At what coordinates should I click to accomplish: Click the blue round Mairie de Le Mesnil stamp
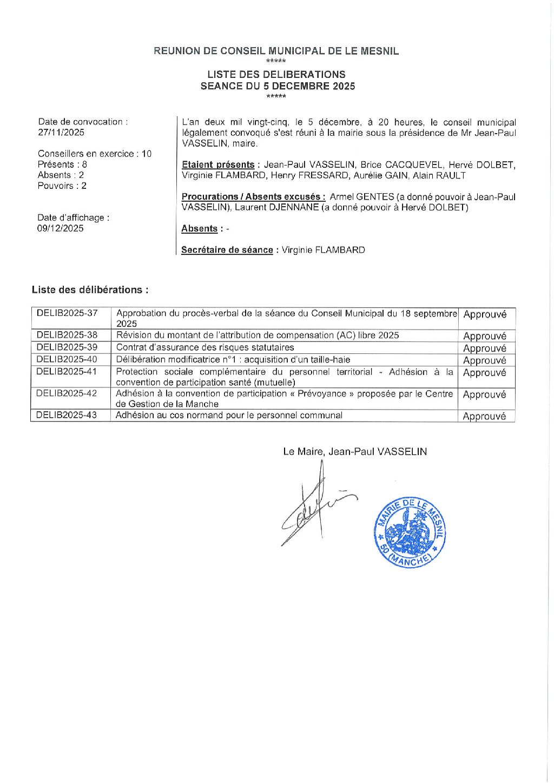tap(410, 532)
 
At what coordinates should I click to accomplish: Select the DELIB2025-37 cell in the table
tap(67, 313)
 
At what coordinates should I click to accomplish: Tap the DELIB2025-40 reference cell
tap(67, 359)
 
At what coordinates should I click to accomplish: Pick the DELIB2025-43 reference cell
tap(67, 415)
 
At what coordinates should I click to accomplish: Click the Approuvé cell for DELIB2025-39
tap(485, 348)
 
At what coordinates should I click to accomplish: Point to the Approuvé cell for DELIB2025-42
tap(485, 395)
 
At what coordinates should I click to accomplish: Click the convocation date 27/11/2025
tap(61, 133)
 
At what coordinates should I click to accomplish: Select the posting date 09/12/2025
tap(61, 228)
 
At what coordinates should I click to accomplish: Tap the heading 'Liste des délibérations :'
tap(90, 290)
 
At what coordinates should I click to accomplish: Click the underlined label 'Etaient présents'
tap(218, 165)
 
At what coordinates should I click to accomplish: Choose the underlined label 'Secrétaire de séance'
tap(227, 250)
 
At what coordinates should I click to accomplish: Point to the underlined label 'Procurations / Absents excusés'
tap(253, 197)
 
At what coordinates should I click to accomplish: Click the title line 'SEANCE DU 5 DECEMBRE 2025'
tap(278, 86)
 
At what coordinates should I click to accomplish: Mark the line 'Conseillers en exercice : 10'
tap(95, 154)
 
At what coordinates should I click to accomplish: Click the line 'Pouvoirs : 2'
tap(62, 186)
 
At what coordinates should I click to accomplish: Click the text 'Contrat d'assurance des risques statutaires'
tap(205, 347)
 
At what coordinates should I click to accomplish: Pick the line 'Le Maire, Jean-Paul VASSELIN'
tap(355, 451)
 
